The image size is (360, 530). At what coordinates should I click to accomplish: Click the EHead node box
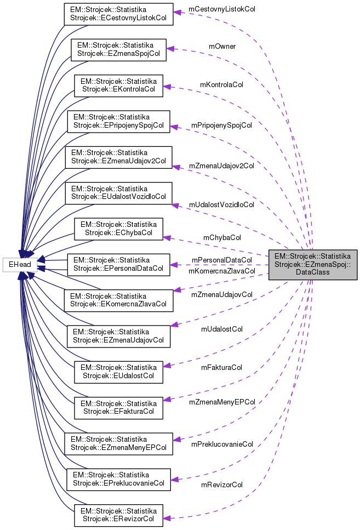pos(20,265)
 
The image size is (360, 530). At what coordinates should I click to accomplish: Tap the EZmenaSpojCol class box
pos(118,49)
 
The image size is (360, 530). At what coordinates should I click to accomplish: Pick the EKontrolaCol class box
pos(118,86)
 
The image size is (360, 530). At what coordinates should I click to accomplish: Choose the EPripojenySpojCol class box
pos(118,121)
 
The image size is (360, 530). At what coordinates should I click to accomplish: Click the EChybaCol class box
pos(118,229)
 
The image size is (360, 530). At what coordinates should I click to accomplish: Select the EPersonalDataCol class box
pos(118,264)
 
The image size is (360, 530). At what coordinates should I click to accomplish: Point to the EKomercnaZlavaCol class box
pos(118,300)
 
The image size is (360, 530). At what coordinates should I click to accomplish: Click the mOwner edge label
pos(222,47)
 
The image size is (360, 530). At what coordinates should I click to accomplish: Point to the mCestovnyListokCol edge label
pos(221,9)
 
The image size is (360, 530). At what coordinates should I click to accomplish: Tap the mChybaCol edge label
pos(222,238)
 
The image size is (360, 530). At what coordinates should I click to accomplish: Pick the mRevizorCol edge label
pos(222,485)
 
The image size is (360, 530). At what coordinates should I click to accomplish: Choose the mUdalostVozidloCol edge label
pos(221,204)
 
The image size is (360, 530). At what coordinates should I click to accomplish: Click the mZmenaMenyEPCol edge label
pos(221,402)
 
